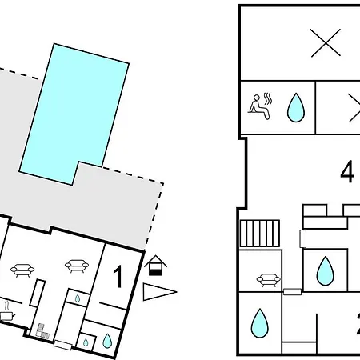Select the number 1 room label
click(118, 277)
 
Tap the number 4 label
click(347, 171)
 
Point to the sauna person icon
click(260, 106)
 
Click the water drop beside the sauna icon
click(296, 107)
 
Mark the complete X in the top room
click(326, 42)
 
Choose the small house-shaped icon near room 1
click(155, 266)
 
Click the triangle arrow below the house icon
click(159, 292)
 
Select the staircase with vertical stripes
click(260, 234)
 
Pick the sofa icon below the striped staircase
click(269, 280)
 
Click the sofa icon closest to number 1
click(77, 266)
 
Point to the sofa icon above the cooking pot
click(22, 270)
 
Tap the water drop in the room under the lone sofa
click(260, 323)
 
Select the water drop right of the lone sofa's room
click(325, 270)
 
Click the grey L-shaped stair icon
click(42, 332)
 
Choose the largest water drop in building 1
click(107, 341)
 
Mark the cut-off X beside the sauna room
click(354, 107)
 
